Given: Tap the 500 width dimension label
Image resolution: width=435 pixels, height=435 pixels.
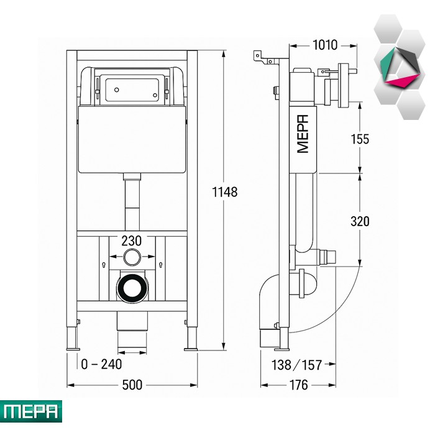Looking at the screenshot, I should pos(132,385).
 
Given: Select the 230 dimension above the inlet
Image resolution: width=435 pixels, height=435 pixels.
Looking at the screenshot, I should pos(131,240).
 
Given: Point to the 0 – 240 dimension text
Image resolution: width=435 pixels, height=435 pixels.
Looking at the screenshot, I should pos(101,364).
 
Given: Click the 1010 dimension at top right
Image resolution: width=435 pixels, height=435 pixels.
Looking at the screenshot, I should pos(324,45).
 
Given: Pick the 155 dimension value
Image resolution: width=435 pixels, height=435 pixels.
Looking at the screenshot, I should pos(359,139).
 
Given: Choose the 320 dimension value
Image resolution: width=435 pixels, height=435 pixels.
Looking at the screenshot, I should pos(359,221).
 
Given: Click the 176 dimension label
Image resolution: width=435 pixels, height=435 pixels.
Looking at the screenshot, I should pos(299,385).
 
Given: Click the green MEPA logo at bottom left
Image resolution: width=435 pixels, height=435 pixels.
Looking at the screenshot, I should pos(31,411).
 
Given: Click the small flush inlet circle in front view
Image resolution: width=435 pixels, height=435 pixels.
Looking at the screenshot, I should pos(131,256).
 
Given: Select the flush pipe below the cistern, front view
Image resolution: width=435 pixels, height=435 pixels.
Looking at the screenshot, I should pos(131,202).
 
